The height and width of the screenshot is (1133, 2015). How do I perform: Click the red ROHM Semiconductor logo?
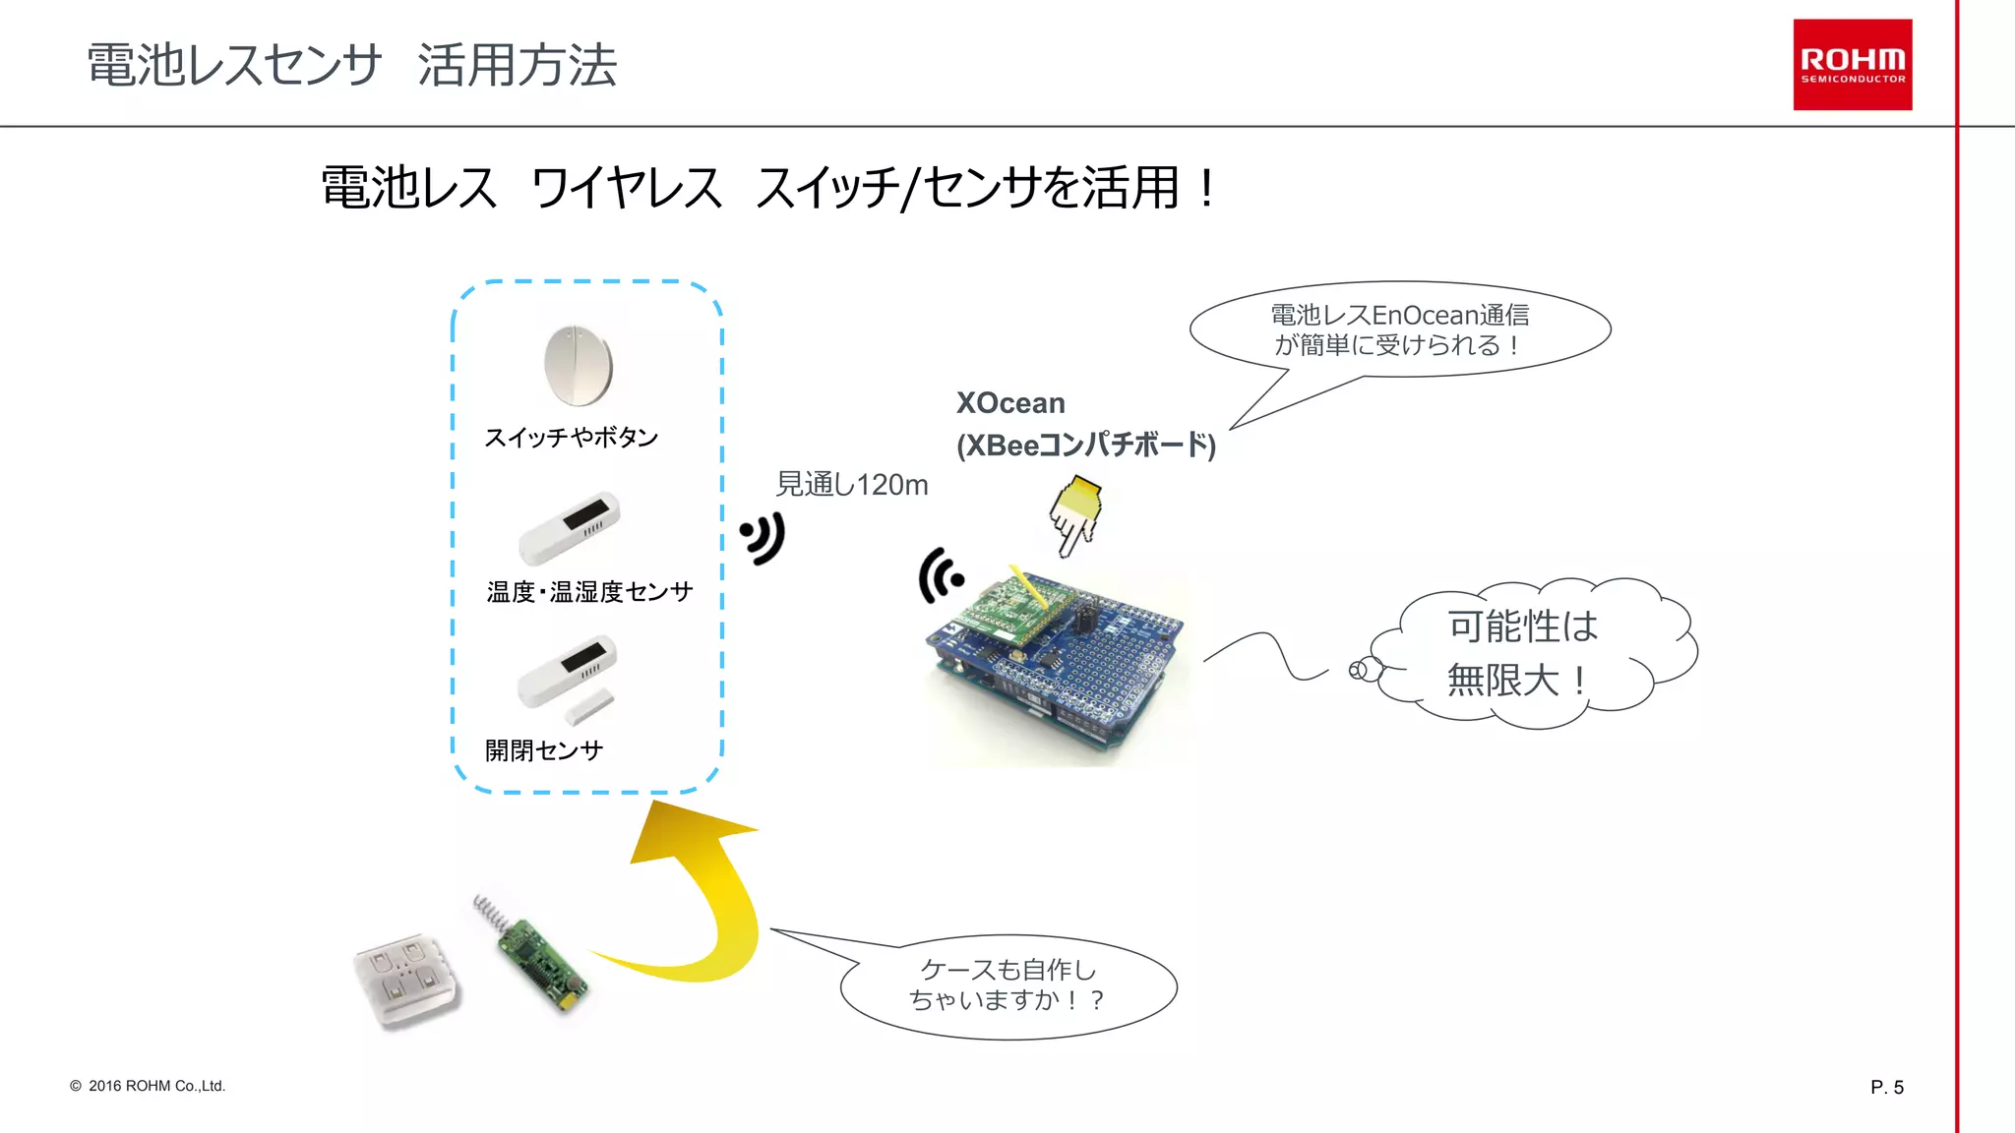(x=1852, y=65)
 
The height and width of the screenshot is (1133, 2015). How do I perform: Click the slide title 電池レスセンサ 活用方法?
(x=351, y=66)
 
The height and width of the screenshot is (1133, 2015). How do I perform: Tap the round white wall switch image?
(x=579, y=365)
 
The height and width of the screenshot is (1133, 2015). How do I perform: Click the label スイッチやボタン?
(x=571, y=437)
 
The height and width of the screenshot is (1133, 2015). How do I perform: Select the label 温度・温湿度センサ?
(x=589, y=591)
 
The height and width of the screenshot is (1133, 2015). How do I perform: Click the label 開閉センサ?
(x=543, y=750)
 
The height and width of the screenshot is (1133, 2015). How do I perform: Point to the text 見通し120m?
(x=852, y=485)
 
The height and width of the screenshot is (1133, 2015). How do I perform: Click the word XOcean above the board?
(x=1010, y=403)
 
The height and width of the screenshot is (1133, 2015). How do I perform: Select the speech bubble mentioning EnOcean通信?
(x=1399, y=329)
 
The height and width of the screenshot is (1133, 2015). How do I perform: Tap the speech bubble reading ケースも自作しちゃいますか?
(x=1007, y=985)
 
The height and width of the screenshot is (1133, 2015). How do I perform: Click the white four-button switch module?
(x=406, y=979)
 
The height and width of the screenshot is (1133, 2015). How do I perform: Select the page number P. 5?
(x=1886, y=1087)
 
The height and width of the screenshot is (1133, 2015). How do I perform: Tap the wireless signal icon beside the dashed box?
(x=763, y=538)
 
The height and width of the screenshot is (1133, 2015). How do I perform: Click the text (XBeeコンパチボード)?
(x=1086, y=446)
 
